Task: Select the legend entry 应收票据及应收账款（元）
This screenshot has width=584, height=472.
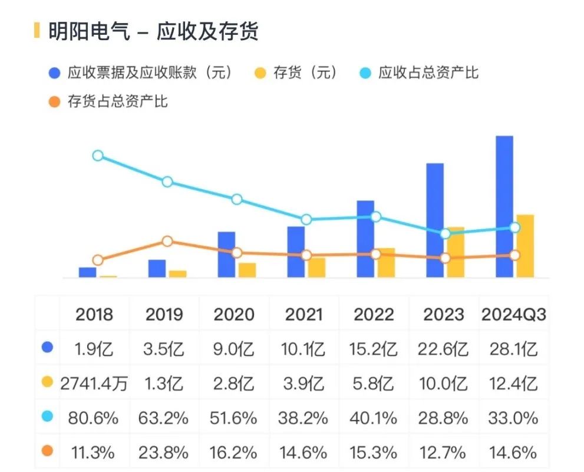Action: [x=141, y=73]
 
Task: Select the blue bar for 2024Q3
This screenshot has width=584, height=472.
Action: [x=504, y=206]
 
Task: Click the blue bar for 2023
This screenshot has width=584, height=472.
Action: [x=435, y=220]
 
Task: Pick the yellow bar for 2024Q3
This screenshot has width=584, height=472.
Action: [x=525, y=246]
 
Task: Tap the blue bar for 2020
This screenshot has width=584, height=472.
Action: [x=226, y=254]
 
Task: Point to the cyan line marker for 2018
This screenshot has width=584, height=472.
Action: [x=98, y=156]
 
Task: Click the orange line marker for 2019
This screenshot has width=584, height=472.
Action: [x=167, y=241]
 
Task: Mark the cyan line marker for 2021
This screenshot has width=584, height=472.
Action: [x=306, y=220]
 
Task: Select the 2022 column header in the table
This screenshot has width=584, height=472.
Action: [x=374, y=314]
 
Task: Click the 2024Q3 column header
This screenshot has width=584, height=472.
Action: [x=513, y=314]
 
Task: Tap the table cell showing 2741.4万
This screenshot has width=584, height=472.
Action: [x=94, y=384]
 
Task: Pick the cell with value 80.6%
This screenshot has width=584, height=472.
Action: [x=94, y=418]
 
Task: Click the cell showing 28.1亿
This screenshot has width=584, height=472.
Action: [x=513, y=349]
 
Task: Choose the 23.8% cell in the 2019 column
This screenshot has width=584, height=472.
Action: [x=164, y=453]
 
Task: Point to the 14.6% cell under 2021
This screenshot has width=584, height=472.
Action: [x=304, y=453]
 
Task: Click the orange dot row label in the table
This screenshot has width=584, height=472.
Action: [x=48, y=451]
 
